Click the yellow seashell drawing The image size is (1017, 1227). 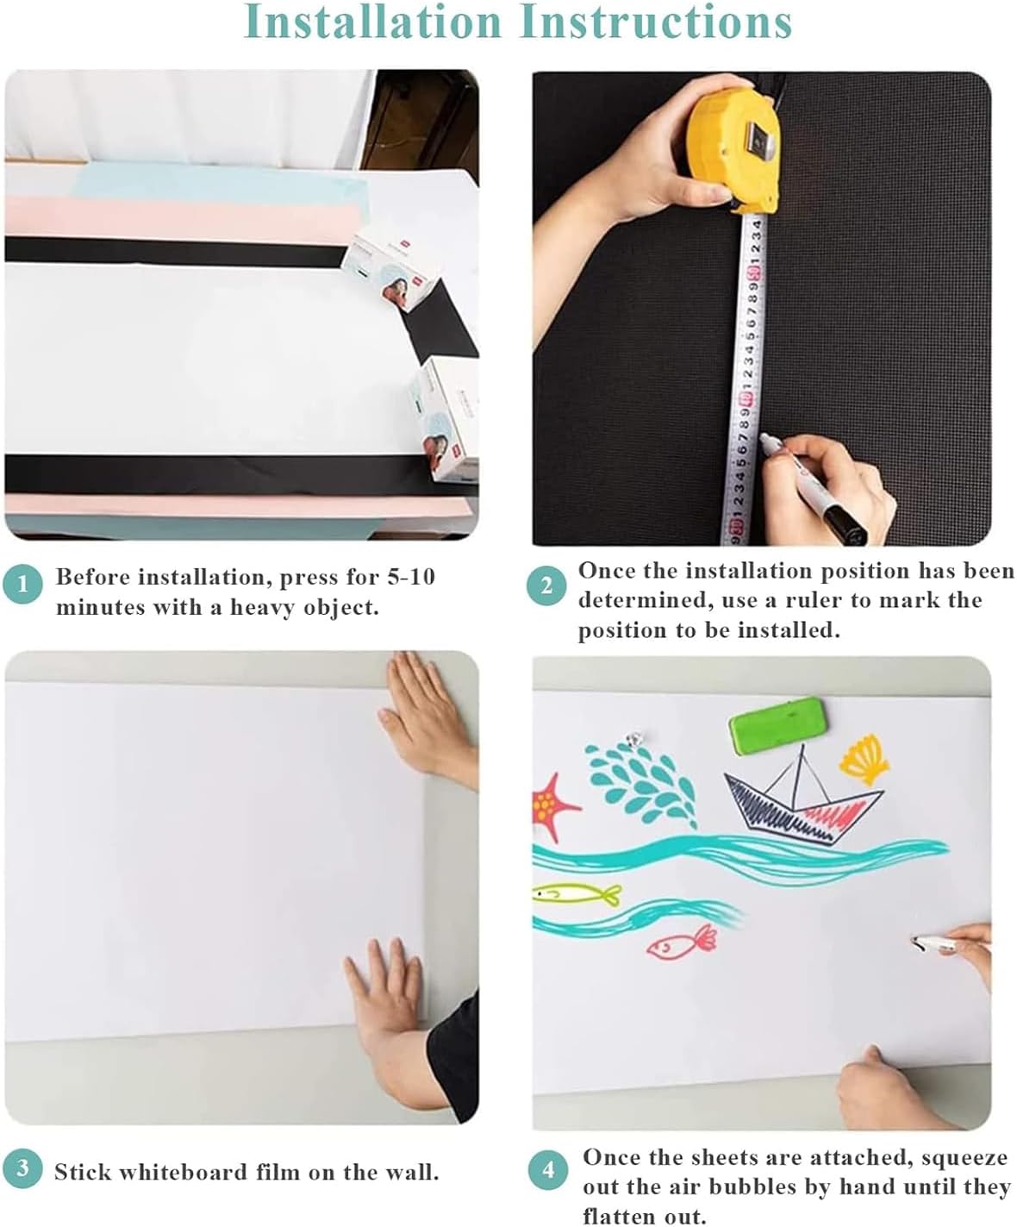click(865, 757)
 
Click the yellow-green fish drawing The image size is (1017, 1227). click(577, 894)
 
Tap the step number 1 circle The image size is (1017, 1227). click(23, 585)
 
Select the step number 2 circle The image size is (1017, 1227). click(546, 586)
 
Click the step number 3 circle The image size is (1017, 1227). click(23, 1168)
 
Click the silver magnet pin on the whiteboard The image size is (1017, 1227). click(635, 739)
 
